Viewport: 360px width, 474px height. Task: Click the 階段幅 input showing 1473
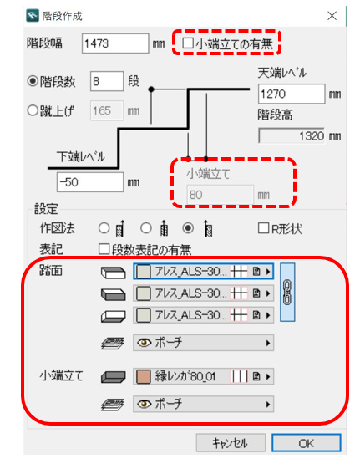115,43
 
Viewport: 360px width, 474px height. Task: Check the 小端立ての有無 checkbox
188,43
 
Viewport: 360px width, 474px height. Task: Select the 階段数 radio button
33,81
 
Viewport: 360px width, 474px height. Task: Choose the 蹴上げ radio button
33,110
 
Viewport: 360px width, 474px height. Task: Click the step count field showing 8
107,81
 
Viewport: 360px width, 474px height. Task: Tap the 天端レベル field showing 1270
292,94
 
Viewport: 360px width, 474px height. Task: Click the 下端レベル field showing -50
90,182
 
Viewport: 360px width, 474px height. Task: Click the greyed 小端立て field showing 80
220,195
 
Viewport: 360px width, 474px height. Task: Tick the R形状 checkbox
263,228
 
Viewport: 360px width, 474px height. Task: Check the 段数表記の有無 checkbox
104,249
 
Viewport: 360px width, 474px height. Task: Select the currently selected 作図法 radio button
188,228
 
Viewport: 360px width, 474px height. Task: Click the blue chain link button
287,292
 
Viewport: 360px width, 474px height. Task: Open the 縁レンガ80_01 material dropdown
203,376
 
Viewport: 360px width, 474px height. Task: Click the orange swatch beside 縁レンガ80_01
143,376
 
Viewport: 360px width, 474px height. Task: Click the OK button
307,443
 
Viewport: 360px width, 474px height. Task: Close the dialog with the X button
332,16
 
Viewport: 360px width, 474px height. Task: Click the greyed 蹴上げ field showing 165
107,110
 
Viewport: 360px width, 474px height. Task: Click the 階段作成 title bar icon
33,16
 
